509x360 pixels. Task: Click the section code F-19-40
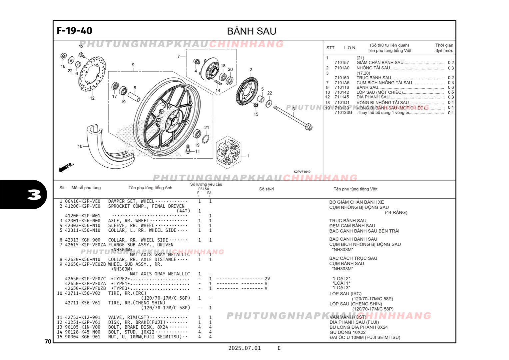74,31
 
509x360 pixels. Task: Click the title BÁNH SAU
252,31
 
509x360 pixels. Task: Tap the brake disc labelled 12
92,74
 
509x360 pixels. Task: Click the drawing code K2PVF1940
302,172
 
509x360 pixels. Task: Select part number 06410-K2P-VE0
82,201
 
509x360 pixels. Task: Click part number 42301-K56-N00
82,221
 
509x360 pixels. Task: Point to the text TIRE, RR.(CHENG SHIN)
137,303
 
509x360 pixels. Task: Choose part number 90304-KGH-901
82,337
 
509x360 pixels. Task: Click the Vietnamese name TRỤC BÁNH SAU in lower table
347,221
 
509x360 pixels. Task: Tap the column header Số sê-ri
266,189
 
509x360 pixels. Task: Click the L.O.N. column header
350,48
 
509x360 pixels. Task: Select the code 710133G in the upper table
343,113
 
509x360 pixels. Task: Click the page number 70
48,342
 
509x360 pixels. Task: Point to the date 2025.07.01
245,348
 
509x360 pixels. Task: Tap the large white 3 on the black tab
34,195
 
